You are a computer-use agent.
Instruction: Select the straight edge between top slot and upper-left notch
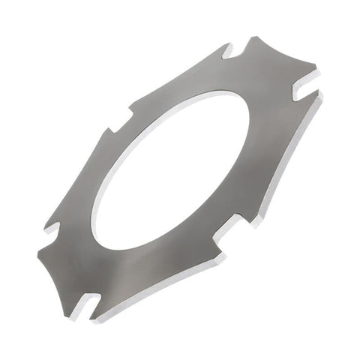[x=176, y=79]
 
